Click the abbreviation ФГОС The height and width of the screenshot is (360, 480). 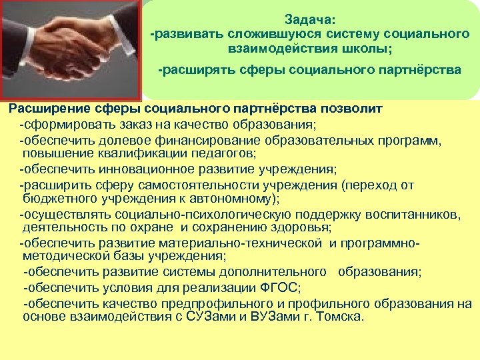point(280,288)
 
